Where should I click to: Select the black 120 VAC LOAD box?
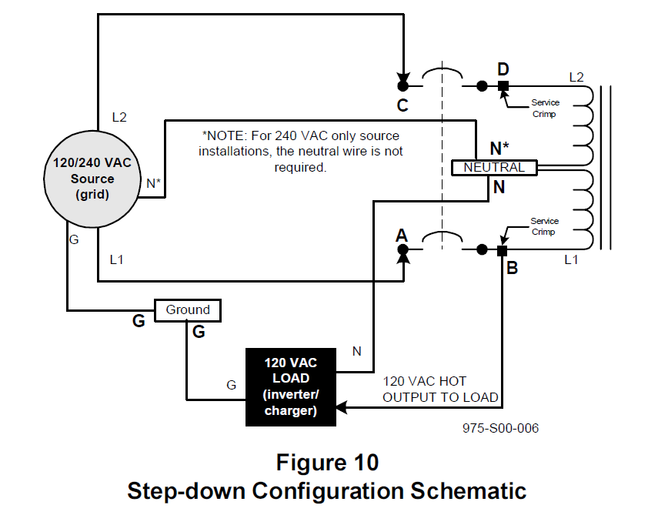[x=291, y=387]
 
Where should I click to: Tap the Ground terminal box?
[x=188, y=310]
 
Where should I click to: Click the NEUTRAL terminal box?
[x=494, y=167]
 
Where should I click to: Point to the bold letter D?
[x=503, y=69]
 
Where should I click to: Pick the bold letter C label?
[x=402, y=105]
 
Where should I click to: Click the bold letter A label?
[x=401, y=235]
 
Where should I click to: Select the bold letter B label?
[x=512, y=268]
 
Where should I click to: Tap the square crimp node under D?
[x=503, y=86]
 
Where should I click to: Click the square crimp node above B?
[x=503, y=250]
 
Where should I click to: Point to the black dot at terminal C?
[x=402, y=86]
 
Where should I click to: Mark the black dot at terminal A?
[x=402, y=249]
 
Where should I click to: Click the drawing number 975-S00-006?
[x=500, y=428]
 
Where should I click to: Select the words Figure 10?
[x=327, y=463]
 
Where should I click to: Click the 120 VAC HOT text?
[x=424, y=381]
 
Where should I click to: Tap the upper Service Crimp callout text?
[x=545, y=109]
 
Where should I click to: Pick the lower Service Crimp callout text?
[x=544, y=226]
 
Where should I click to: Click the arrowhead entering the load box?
[x=342, y=408]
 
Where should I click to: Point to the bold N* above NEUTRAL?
[x=499, y=149]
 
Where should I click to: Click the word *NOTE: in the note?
[x=225, y=136]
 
